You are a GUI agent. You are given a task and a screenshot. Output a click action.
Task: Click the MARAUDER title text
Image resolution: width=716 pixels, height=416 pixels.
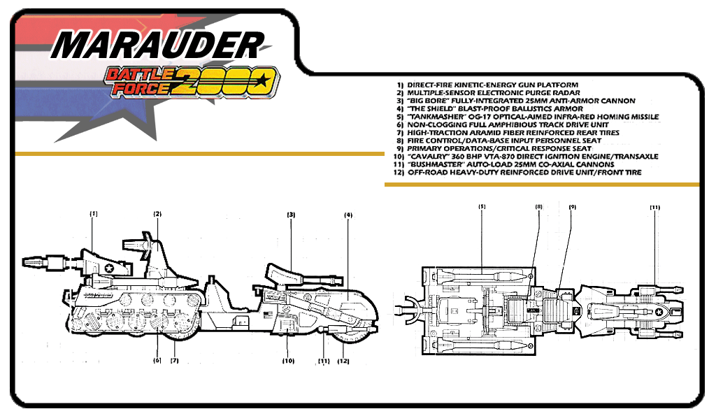tap(157, 45)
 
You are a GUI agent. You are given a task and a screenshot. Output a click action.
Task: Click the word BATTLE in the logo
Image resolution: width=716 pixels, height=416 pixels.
tap(140, 74)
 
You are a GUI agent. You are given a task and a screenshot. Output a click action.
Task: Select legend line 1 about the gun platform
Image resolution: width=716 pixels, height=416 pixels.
tap(487, 85)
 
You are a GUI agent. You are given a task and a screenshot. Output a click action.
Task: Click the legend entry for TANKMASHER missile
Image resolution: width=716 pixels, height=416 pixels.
tap(527, 117)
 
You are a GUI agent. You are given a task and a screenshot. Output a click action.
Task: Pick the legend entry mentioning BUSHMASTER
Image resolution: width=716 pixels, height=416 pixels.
tap(503, 164)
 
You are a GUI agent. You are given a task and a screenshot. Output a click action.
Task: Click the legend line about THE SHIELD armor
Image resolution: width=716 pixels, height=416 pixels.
tap(489, 108)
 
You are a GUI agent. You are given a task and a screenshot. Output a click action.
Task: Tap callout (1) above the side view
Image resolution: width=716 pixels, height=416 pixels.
tap(94, 214)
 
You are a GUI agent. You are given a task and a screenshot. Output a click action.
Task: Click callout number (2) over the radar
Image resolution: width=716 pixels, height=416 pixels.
tap(157, 214)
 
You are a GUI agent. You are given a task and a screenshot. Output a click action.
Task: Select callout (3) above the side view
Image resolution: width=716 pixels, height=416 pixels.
tap(291, 215)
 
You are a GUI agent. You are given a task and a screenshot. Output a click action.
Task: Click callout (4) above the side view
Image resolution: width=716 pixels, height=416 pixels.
tap(348, 215)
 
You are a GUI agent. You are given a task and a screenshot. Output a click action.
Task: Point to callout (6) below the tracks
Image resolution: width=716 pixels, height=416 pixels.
tap(157, 360)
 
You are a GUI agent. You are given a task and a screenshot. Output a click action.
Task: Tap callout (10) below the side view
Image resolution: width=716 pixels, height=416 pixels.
tap(288, 361)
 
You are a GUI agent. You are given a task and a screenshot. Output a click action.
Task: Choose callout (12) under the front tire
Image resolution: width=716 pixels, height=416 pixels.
tap(343, 361)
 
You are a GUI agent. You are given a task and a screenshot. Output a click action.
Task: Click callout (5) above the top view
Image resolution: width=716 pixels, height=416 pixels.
tap(482, 206)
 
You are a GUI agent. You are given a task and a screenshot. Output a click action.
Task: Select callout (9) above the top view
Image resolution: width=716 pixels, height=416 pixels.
tap(573, 207)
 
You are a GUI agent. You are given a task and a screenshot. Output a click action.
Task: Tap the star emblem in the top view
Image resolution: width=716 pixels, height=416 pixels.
tap(659, 313)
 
